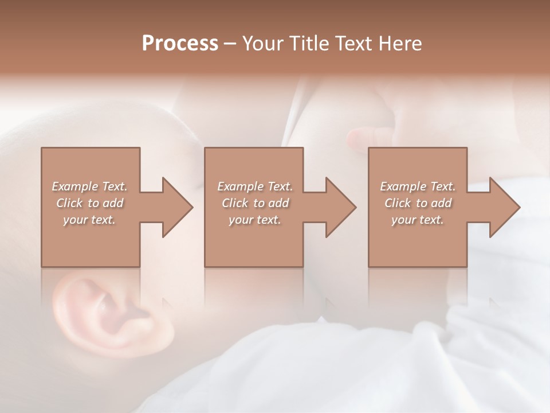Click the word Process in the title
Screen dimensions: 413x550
180,44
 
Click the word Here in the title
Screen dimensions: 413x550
401,44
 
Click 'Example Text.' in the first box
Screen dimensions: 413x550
90,186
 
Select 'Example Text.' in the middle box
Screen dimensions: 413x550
255,186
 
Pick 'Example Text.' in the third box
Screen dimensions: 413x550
418,186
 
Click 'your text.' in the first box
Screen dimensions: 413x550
89,220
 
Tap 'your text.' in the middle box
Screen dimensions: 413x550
255,220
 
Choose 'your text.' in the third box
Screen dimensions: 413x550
418,220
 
